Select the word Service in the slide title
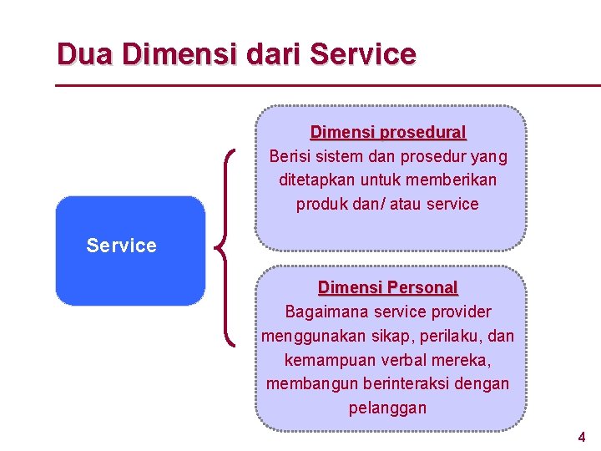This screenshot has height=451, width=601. point(362,55)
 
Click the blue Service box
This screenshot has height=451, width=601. point(129,250)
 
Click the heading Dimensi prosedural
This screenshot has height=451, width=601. point(388,133)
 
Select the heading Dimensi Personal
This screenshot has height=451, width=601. point(388,288)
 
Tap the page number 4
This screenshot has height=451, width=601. point(582,437)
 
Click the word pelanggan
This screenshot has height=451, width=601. point(387,408)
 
